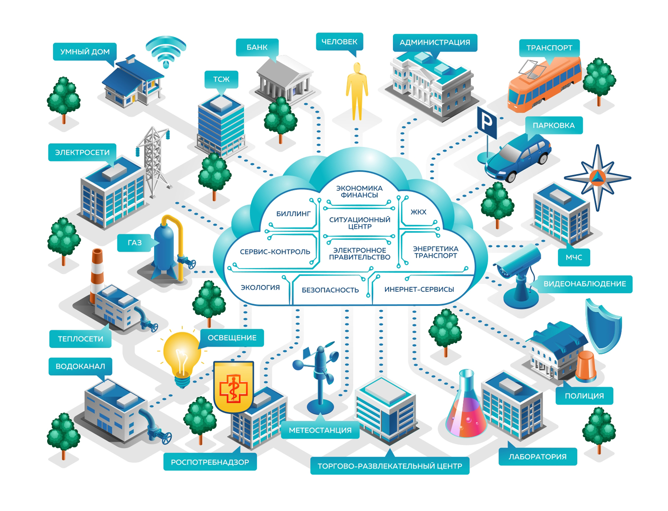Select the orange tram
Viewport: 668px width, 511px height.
544,85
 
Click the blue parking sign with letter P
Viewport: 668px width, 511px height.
487,122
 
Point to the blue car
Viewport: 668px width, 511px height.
518,158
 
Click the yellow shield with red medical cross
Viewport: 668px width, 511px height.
233,386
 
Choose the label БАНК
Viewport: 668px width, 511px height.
257,47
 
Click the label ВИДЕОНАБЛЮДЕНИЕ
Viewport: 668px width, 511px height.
584,284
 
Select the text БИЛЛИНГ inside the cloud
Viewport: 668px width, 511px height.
293,214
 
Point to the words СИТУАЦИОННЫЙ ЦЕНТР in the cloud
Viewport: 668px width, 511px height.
359,223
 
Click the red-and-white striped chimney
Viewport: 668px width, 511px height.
97,271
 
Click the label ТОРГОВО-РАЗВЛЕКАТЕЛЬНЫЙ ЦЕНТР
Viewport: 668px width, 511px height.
390,466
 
